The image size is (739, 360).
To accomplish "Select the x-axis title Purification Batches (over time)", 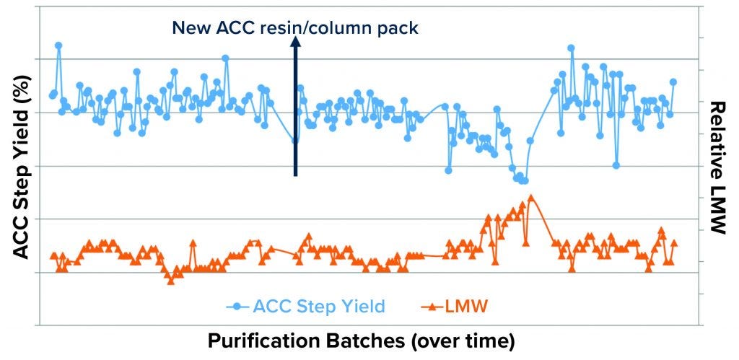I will tap(361, 341).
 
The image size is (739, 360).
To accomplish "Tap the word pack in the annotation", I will tap(401, 28).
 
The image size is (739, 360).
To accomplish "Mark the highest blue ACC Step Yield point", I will tap(58, 45).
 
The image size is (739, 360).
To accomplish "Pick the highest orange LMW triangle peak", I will tap(531, 197).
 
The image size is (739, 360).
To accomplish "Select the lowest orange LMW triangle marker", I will tap(170, 281).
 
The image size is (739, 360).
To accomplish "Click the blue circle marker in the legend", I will tap(237, 306).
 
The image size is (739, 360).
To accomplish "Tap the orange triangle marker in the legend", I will tap(431, 307).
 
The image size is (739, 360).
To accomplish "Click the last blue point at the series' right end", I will tap(673, 82).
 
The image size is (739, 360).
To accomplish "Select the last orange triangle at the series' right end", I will tap(675, 243).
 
